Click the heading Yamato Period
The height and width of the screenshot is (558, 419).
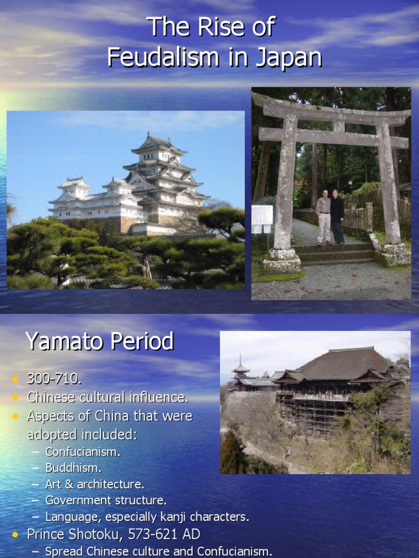pos(99,342)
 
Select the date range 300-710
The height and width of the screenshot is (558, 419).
pos(54,379)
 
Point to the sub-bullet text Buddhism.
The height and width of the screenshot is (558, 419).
pos(74,468)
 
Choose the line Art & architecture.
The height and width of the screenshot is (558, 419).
pos(95,484)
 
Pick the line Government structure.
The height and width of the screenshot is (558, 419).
pos(106,500)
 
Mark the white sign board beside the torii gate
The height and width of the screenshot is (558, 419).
pos(262,219)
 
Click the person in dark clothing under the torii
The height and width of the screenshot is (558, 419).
pos(337,216)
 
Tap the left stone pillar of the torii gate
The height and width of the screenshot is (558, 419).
pos(284,191)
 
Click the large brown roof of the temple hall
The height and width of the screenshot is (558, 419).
pos(344,364)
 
